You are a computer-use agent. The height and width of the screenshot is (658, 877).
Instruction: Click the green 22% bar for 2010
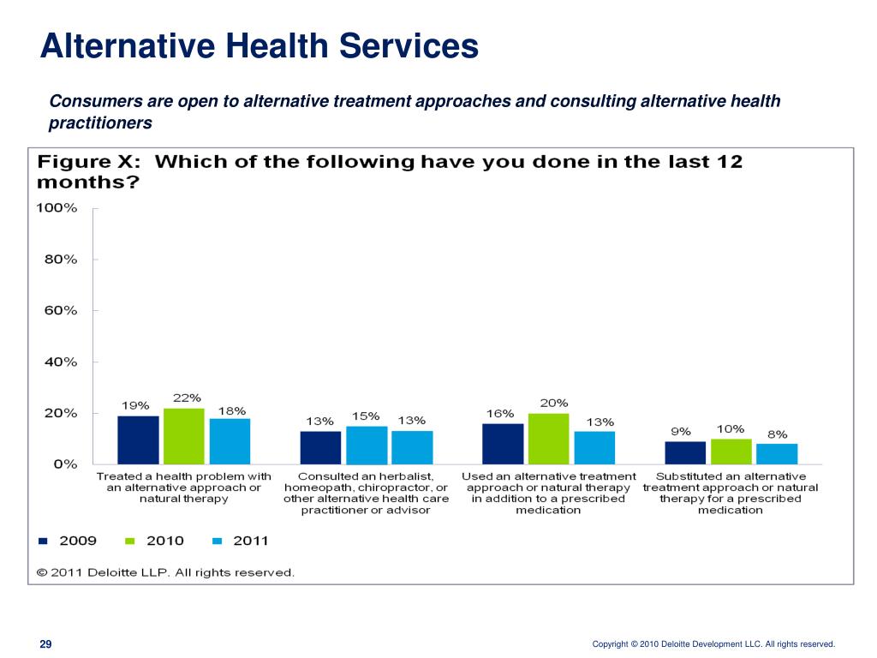[x=184, y=436]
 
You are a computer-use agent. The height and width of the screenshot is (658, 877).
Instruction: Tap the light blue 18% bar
[x=230, y=441]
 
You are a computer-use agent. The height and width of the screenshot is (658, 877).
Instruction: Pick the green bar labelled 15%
[x=367, y=445]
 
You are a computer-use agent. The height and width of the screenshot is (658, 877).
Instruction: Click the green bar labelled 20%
[x=549, y=439]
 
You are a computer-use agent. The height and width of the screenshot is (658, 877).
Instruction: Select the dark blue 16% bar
[x=503, y=444]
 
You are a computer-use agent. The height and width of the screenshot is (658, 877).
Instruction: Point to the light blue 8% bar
[x=777, y=453]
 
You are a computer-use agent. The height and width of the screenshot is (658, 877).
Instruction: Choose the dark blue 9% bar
[x=685, y=452]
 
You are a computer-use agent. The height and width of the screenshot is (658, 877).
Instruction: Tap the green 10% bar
[x=731, y=452]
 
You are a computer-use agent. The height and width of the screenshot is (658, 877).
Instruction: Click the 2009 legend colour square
[x=44, y=541]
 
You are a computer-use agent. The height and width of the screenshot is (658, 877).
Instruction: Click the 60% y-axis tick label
[x=60, y=311]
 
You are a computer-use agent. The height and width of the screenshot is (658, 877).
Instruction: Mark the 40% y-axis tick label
[x=60, y=362]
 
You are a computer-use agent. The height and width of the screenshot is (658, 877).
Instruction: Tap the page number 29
[x=45, y=644]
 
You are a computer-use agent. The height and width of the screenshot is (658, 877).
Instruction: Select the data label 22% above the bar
[x=187, y=398]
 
